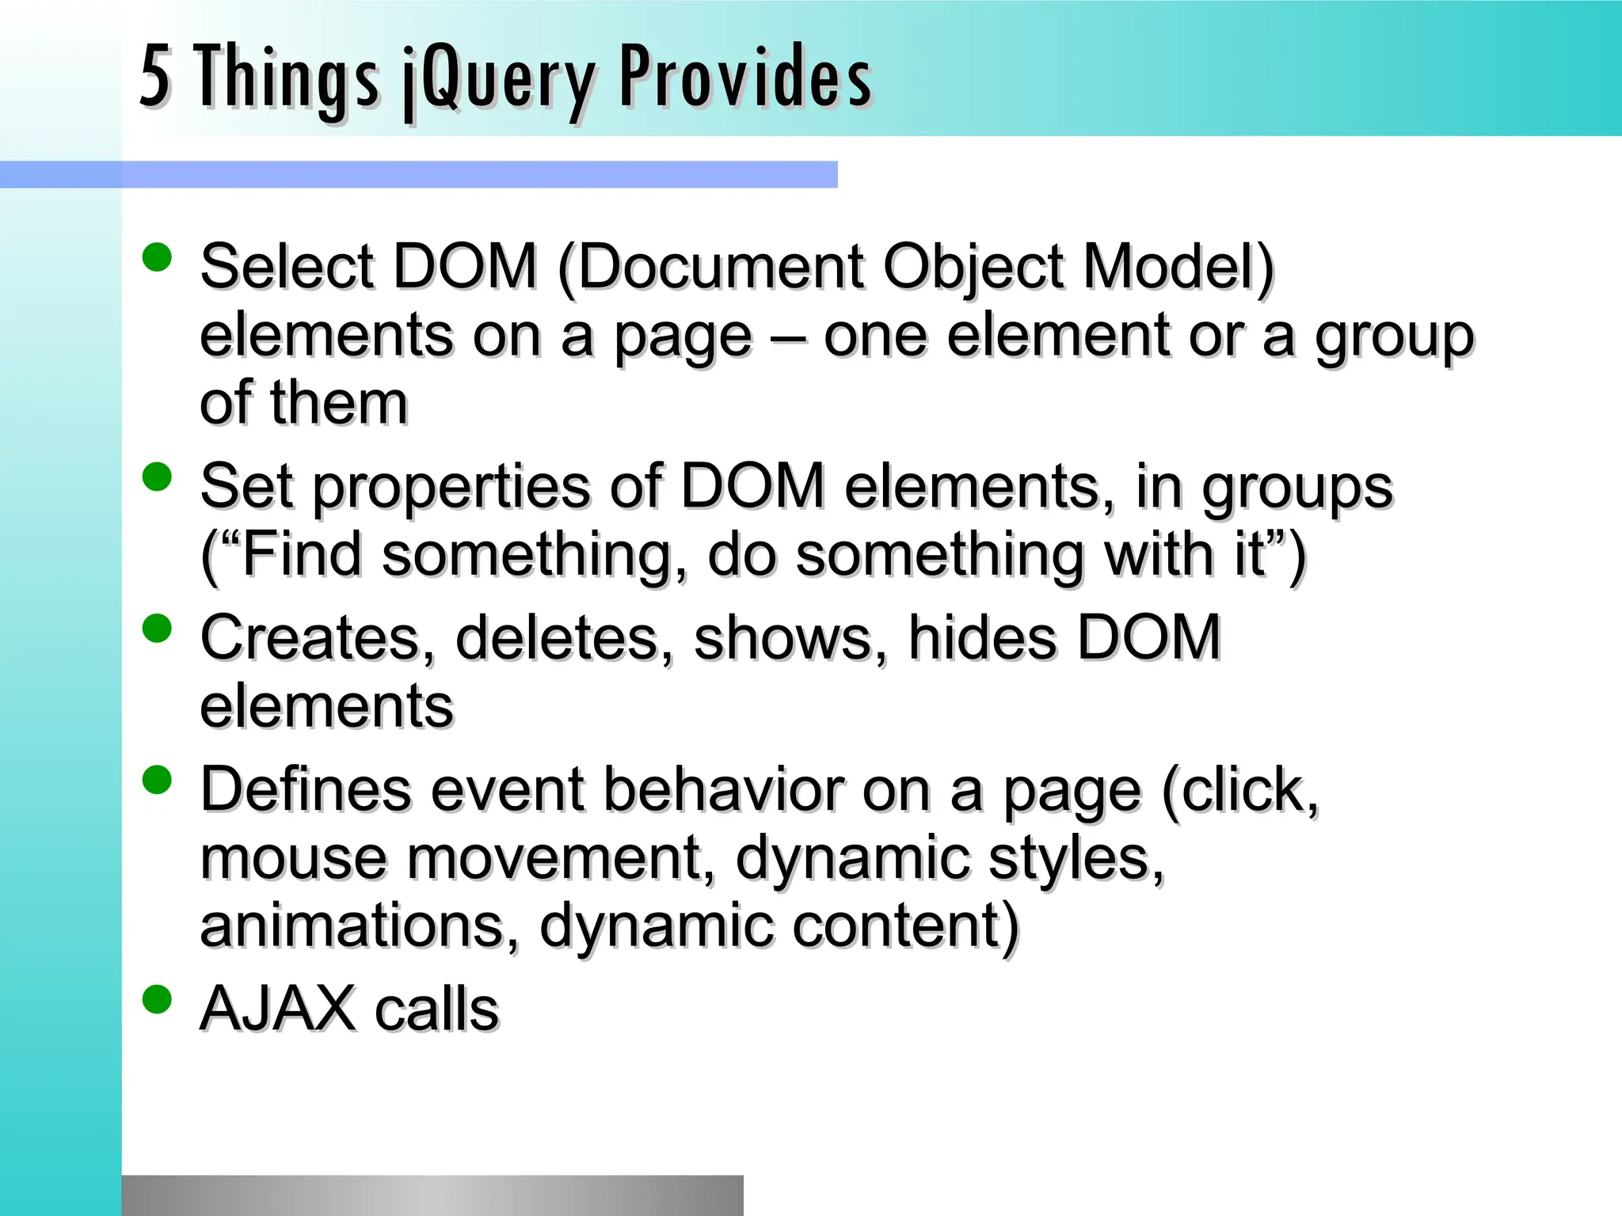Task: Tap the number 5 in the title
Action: point(154,77)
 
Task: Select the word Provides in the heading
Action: point(744,77)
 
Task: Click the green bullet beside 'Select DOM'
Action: point(157,257)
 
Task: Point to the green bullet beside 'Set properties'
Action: point(157,477)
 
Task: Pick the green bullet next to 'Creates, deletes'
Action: point(157,629)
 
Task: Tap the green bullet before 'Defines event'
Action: point(157,780)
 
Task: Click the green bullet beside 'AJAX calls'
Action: point(157,999)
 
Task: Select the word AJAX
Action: point(277,1009)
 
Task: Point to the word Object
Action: point(973,267)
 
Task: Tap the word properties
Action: point(451,487)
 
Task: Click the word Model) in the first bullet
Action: point(1178,267)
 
